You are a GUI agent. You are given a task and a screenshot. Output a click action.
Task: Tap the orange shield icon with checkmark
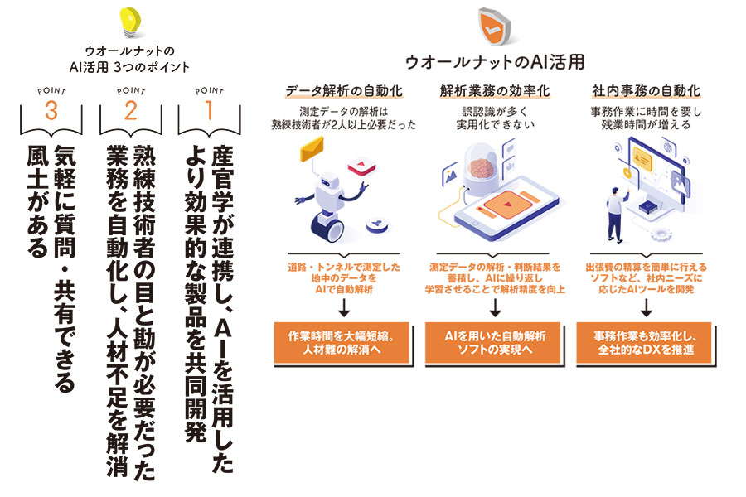click(493, 27)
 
